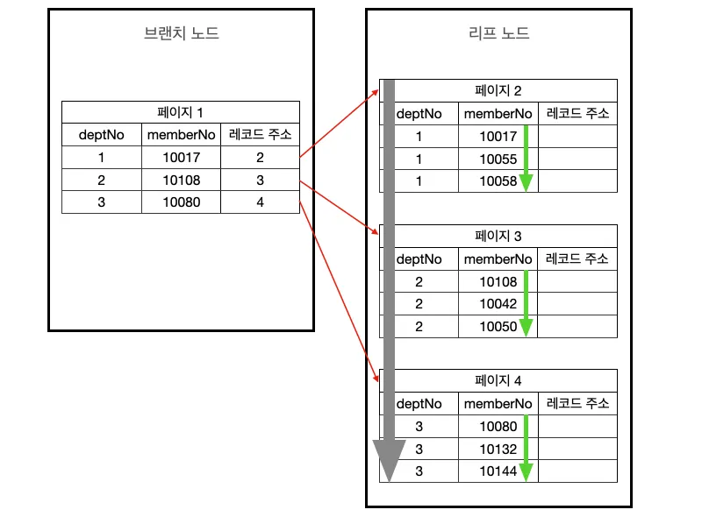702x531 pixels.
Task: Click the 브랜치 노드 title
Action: pyautogui.click(x=181, y=34)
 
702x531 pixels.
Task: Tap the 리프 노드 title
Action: pyautogui.click(x=498, y=34)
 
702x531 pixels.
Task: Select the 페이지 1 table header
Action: pyautogui.click(x=180, y=112)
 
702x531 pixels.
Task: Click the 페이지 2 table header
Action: pyautogui.click(x=498, y=90)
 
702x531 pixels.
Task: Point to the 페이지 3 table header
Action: pyautogui.click(x=498, y=236)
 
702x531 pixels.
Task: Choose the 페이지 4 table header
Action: pyautogui.click(x=498, y=380)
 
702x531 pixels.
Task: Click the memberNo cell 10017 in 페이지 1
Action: pyautogui.click(x=181, y=158)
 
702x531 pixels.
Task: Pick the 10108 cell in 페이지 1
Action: pyautogui.click(x=181, y=181)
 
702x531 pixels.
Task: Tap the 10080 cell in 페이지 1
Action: pyautogui.click(x=181, y=202)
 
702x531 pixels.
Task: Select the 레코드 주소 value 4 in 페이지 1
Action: pyautogui.click(x=260, y=202)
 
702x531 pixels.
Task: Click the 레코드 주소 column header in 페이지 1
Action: pyautogui.click(x=260, y=135)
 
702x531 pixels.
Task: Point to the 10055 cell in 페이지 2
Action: pyautogui.click(x=498, y=159)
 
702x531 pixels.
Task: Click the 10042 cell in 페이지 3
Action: pyautogui.click(x=498, y=303)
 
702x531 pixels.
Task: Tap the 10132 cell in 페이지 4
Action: pyautogui.click(x=498, y=449)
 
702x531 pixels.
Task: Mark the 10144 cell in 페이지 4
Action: pyautogui.click(x=498, y=471)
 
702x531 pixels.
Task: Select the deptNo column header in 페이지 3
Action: pyautogui.click(x=419, y=259)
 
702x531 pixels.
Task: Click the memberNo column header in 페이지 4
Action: pyautogui.click(x=498, y=404)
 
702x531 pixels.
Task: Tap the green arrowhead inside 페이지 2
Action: pyautogui.click(x=526, y=182)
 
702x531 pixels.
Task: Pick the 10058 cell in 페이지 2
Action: pyautogui.click(x=498, y=181)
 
